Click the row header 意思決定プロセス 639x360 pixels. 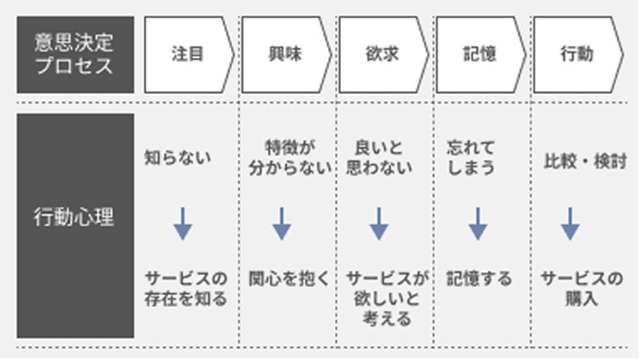[75, 55]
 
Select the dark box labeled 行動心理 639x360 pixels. [75, 217]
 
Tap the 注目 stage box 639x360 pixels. [187, 55]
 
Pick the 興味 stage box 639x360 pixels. [285, 55]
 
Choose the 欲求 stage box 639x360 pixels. [382, 55]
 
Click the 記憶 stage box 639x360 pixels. [479, 55]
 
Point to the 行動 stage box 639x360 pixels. [576, 55]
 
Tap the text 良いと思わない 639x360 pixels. [379, 158]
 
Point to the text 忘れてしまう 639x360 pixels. [471, 158]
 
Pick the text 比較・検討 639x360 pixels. [585, 162]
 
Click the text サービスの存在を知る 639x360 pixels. [186, 289]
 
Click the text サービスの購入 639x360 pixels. [582, 289]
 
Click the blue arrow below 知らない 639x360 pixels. [183, 223]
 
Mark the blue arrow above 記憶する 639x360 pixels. [478, 223]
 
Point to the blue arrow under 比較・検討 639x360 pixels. [570, 223]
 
